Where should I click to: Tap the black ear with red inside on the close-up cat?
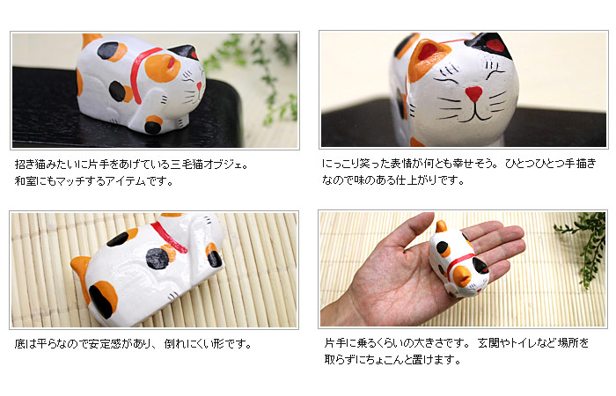tap(489, 43)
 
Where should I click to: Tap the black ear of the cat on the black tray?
tap(184, 52)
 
